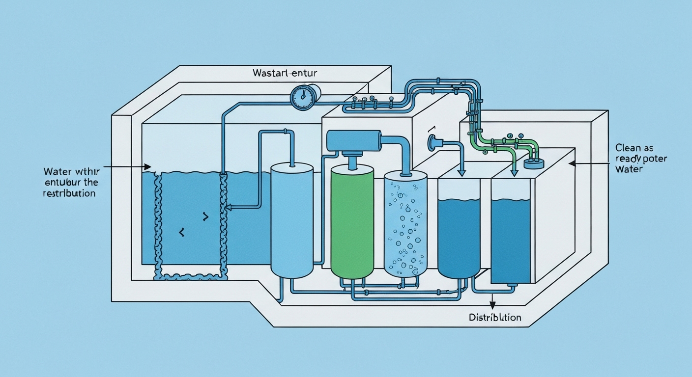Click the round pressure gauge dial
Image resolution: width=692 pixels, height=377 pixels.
[301, 97]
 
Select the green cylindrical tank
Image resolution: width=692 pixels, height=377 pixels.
[352, 222]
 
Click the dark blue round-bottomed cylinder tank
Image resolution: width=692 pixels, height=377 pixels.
[459, 231]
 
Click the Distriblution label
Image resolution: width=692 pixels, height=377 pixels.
[494, 317]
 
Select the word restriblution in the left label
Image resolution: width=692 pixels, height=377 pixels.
[69, 193]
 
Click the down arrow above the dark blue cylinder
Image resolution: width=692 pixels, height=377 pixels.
[461, 172]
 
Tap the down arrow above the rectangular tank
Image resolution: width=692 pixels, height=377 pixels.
[514, 172]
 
